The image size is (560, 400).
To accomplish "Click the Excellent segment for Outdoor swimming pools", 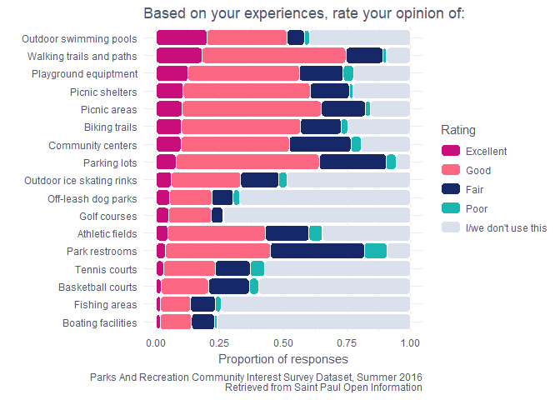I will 181,37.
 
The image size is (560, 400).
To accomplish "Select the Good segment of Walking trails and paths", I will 273,56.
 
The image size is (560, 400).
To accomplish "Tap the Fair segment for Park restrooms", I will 317,251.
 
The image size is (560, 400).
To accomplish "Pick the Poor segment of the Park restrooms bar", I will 375,251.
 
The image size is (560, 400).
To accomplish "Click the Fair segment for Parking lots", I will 352,162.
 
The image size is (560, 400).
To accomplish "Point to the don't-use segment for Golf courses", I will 316,216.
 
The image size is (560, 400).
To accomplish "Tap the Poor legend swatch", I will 450,208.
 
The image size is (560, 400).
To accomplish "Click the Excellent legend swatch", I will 450,152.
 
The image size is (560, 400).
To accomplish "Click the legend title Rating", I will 459,131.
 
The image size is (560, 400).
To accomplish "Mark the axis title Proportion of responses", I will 282,359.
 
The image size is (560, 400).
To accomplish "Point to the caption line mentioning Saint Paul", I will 323,387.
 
